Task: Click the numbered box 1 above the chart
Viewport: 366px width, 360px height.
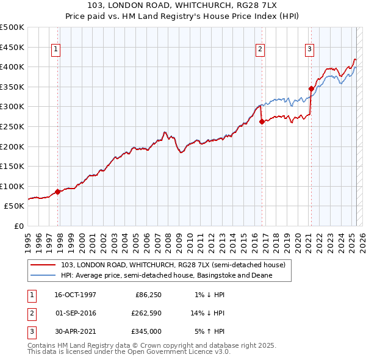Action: (56, 49)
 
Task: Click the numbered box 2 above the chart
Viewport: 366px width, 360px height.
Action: (260, 49)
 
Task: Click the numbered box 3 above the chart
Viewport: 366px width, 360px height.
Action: (310, 49)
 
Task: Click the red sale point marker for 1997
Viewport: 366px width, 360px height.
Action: (58, 192)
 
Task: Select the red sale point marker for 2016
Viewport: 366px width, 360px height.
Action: (262, 121)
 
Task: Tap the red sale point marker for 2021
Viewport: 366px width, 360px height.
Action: (310, 88)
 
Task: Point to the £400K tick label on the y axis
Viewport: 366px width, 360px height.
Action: (12, 67)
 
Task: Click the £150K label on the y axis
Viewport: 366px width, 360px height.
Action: (12, 166)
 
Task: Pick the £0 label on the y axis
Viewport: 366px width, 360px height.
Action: (19, 226)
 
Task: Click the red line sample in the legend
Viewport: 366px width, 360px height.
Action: (44, 265)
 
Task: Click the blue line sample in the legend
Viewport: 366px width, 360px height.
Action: (44, 275)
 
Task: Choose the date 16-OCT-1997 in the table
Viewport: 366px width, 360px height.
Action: (75, 295)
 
